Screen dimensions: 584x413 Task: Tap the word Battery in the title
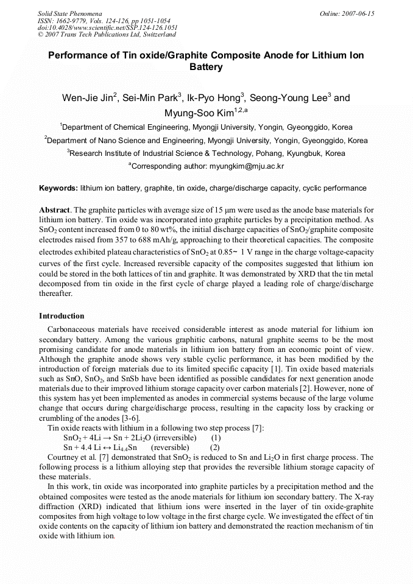pos(206,67)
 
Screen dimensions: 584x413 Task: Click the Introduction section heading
pos(62,316)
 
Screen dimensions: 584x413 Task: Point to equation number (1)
pos(216,438)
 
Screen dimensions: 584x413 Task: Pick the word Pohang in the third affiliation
pos(256,153)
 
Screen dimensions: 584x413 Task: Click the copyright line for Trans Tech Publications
pos(107,35)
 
